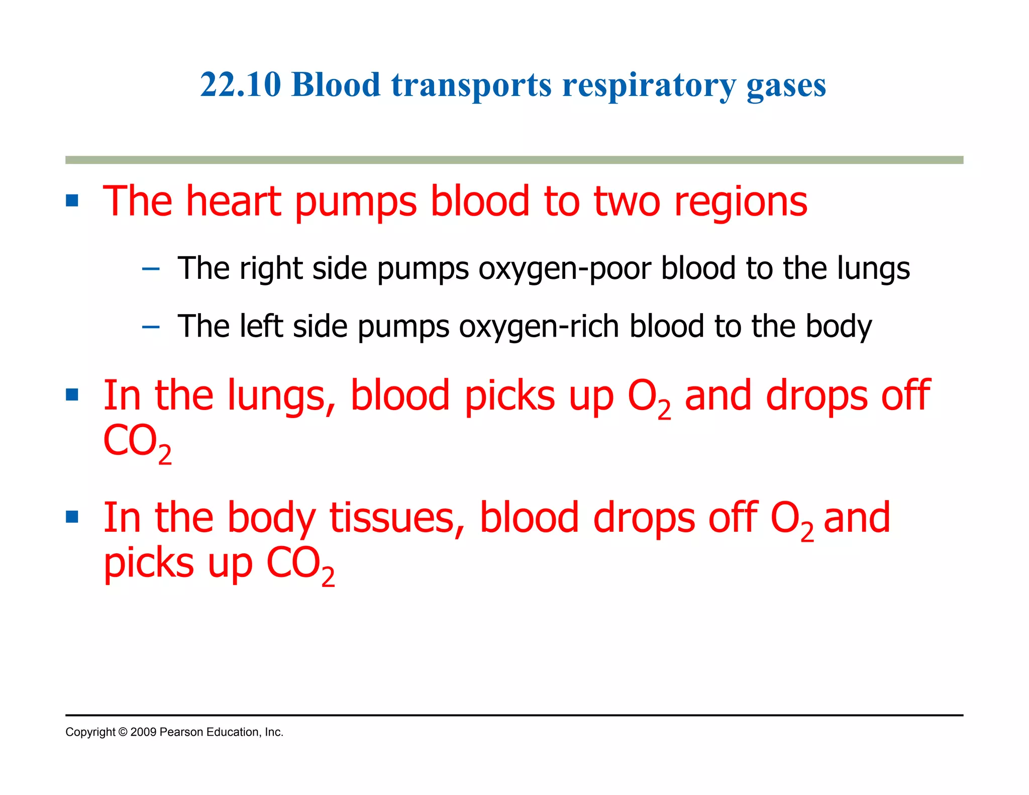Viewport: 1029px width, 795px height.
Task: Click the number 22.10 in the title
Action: (x=240, y=84)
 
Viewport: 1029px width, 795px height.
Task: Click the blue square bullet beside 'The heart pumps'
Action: (x=72, y=201)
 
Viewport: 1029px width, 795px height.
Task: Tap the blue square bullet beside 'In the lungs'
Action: (x=72, y=395)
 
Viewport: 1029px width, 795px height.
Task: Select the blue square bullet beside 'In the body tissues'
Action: (x=72, y=517)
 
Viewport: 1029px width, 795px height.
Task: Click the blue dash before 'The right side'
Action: (x=151, y=269)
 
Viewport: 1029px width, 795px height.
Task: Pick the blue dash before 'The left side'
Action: (x=151, y=328)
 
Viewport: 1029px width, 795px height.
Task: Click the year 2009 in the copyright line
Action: (x=143, y=732)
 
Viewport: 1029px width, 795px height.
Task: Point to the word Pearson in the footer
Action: (x=181, y=732)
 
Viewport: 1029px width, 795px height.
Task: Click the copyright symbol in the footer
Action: (x=123, y=732)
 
